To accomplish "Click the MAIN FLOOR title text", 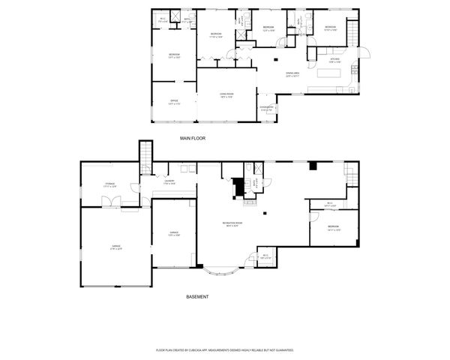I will pos(193,139).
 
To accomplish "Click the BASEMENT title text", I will pos(197,297).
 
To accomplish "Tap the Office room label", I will pos(173,103).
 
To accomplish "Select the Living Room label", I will pos(226,95).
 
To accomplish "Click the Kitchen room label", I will pos(334,61).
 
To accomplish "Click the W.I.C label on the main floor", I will pos(163,20).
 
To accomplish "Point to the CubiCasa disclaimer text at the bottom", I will pos(224,350).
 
